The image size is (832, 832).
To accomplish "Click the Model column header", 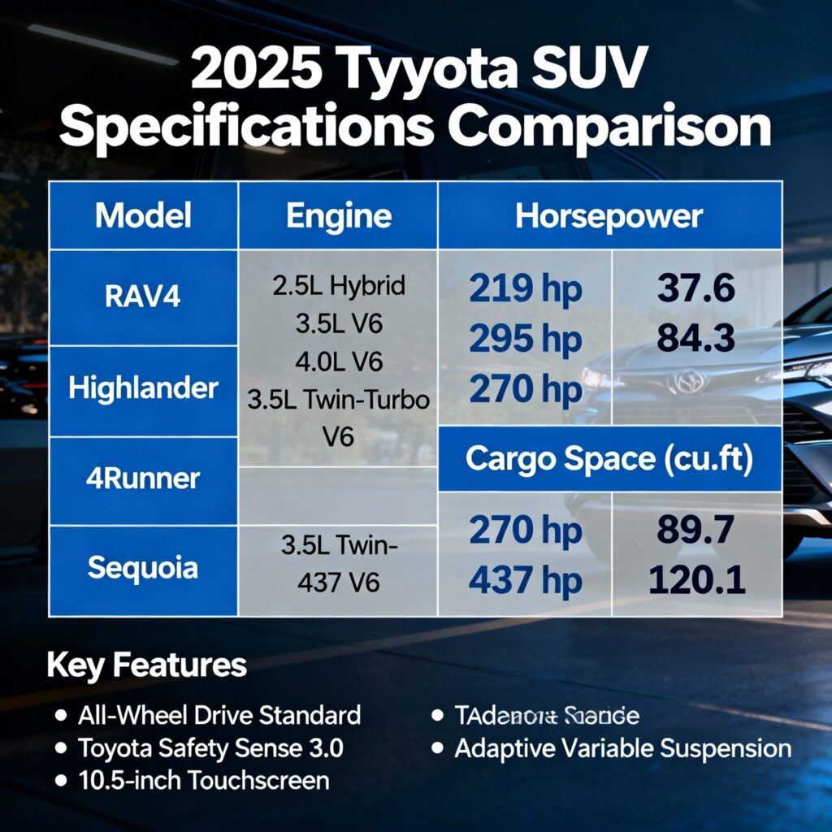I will click(x=143, y=216).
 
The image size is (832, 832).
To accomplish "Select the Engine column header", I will click(x=338, y=216).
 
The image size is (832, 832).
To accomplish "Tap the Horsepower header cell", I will click(x=609, y=216).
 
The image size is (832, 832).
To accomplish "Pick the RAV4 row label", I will click(x=143, y=297).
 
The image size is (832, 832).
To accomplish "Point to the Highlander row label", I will click(x=143, y=388).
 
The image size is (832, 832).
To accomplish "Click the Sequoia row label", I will click(x=143, y=567).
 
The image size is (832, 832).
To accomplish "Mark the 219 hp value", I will click(x=526, y=290).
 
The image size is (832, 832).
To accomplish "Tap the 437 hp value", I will click(x=526, y=581).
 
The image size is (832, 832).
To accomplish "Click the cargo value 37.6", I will click(x=696, y=288).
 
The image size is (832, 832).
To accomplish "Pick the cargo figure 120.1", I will click(x=696, y=580).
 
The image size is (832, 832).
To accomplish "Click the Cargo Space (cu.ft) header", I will click(x=609, y=460).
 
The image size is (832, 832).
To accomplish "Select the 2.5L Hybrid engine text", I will click(x=339, y=286).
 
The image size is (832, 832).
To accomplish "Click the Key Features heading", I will click(x=146, y=665).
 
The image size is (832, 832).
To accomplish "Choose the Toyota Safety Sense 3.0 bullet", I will click(x=210, y=747).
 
